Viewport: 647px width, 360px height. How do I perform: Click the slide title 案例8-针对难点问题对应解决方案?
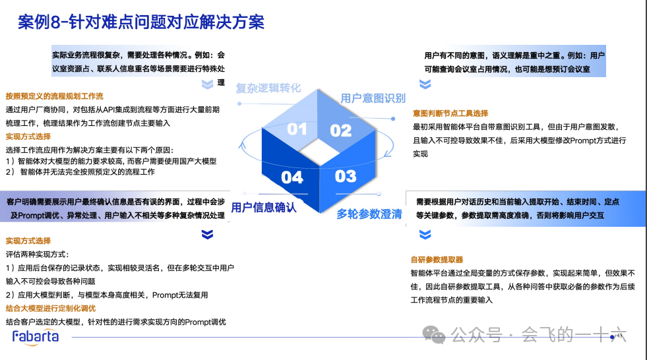coord(141,22)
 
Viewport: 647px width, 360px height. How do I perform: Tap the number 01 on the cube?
coord(297,129)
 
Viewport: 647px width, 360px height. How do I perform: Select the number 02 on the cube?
coord(341,130)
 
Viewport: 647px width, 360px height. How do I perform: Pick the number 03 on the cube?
coord(345,176)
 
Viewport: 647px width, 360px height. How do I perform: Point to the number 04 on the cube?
coord(292,177)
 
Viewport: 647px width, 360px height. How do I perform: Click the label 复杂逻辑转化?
coord(268,88)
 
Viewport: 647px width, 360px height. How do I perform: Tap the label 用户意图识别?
coord(373,98)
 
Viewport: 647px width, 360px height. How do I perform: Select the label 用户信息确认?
coord(264,208)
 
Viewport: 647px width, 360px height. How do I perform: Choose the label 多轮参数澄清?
coord(369,214)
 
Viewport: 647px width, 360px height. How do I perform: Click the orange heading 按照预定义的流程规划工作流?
coord(55,96)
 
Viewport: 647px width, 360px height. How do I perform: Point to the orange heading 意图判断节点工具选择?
coord(450,113)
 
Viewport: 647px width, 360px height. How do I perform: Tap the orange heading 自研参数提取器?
coord(437,260)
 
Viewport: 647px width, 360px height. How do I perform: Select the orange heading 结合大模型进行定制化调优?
coord(51,309)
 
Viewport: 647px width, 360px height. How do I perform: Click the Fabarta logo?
coord(36,337)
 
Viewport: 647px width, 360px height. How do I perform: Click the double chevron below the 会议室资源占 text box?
coord(208,84)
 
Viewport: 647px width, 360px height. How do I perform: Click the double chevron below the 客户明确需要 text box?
coord(208,234)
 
